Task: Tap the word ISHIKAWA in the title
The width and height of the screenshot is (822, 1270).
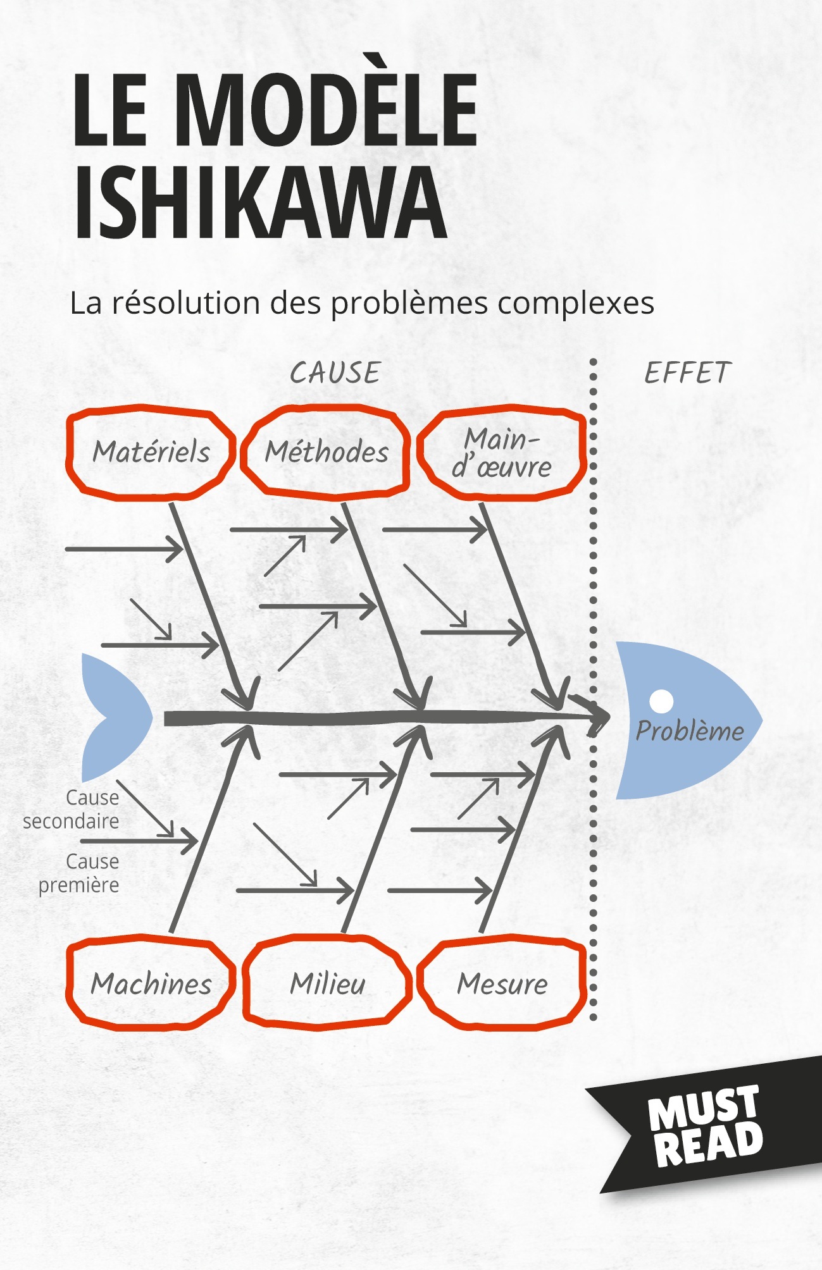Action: click(259, 202)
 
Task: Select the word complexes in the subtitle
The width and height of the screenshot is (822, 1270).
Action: click(576, 304)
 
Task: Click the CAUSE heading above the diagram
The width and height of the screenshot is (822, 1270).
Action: click(335, 373)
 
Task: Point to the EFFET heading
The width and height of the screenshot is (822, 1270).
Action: click(688, 373)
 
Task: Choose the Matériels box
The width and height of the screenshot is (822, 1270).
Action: click(151, 452)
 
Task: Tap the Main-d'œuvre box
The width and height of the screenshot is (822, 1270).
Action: click(501, 453)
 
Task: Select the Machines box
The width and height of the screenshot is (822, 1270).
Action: click(151, 983)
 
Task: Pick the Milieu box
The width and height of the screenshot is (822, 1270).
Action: click(327, 983)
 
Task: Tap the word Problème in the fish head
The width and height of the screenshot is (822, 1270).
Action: click(690, 731)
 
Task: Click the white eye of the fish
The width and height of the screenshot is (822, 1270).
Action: click(662, 701)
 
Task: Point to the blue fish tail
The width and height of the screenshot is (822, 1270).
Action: click(117, 718)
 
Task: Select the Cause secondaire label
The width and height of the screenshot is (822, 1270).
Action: click(71, 810)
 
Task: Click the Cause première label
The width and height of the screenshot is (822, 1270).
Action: click(79, 873)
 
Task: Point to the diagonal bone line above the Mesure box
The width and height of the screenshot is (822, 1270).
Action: click(523, 829)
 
